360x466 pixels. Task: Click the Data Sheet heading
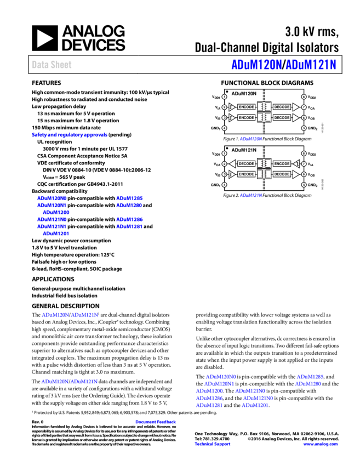[x=52, y=65]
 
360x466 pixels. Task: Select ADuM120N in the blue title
[x=256, y=65]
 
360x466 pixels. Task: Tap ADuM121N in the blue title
[x=311, y=65]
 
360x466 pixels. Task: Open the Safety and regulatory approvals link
[x=70, y=135]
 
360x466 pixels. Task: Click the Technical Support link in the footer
[x=213, y=444]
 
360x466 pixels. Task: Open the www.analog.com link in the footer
[x=321, y=444]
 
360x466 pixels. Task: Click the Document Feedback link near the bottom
[x=156, y=422]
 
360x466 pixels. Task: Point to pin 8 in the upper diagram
[x=304, y=96]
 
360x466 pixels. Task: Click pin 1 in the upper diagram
[x=224, y=96]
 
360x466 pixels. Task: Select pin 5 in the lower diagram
[x=304, y=185]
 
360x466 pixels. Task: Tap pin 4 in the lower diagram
[x=224, y=185]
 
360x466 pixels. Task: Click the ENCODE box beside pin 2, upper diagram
[x=247, y=107]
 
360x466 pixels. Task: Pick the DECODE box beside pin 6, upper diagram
[x=282, y=117]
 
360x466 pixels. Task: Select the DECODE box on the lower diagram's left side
[x=247, y=163]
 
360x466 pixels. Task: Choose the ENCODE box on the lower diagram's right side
[x=282, y=163]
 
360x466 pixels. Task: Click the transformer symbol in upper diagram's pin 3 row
[x=264, y=117]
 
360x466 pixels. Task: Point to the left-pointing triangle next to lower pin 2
[x=232, y=163]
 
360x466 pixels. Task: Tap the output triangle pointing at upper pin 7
[x=296, y=107]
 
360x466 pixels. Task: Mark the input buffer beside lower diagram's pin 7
[x=296, y=163]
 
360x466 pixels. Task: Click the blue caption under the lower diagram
[x=251, y=195]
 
